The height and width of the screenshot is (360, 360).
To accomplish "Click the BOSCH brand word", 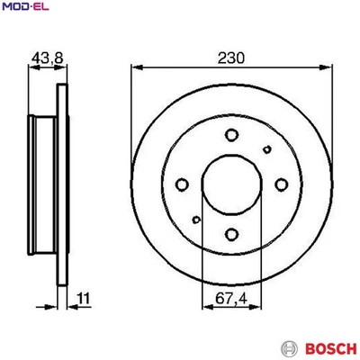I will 321,347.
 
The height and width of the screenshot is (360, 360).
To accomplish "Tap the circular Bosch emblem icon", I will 289,347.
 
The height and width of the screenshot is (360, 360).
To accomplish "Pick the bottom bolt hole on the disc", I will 231,235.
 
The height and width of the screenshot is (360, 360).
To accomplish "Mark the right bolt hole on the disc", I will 282,185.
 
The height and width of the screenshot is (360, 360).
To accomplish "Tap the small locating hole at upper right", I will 265,149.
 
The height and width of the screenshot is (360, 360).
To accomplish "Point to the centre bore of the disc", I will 231,185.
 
